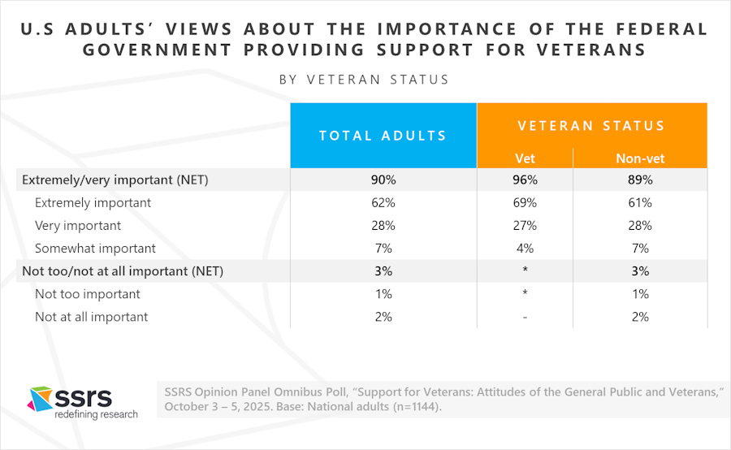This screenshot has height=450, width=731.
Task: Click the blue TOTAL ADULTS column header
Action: pos(383,136)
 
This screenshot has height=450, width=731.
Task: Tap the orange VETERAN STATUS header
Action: pos(591,126)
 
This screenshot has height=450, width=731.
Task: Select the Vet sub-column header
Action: pos(525,158)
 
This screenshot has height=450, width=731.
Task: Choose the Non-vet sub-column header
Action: pos(640,158)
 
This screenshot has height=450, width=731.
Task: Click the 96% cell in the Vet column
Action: pos(525,180)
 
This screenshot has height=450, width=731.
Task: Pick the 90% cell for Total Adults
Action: pos(383,180)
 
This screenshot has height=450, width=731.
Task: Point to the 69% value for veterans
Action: pos(525,203)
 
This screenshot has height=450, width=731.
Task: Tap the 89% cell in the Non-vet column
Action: pos(640,180)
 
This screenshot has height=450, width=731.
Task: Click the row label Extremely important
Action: pos(93,203)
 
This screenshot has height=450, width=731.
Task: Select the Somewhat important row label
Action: pos(95,249)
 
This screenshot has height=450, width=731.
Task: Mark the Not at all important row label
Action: pos(91,317)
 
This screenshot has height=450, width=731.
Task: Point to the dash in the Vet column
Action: pos(525,317)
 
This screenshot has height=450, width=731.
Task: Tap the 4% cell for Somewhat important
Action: pos(525,249)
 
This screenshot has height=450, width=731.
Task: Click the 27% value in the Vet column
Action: pos(525,226)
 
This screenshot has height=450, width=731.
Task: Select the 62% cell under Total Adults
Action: pos(383,203)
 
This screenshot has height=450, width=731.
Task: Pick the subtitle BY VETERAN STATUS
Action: pos(364,80)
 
